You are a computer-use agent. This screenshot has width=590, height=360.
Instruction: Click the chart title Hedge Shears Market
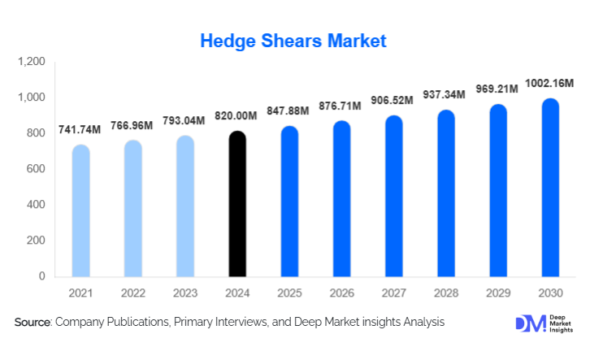293,40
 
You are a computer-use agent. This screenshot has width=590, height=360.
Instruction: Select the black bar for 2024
237,204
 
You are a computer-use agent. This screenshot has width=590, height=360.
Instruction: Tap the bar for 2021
81,210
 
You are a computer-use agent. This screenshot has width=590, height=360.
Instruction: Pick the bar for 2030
550,188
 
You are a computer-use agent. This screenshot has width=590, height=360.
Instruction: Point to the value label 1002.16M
550,83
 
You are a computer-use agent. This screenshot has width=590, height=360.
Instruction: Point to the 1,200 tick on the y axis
32,62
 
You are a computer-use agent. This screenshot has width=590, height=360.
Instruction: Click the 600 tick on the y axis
37,169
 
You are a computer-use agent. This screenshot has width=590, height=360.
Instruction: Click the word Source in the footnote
33,323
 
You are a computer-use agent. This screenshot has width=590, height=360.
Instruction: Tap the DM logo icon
527,323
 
